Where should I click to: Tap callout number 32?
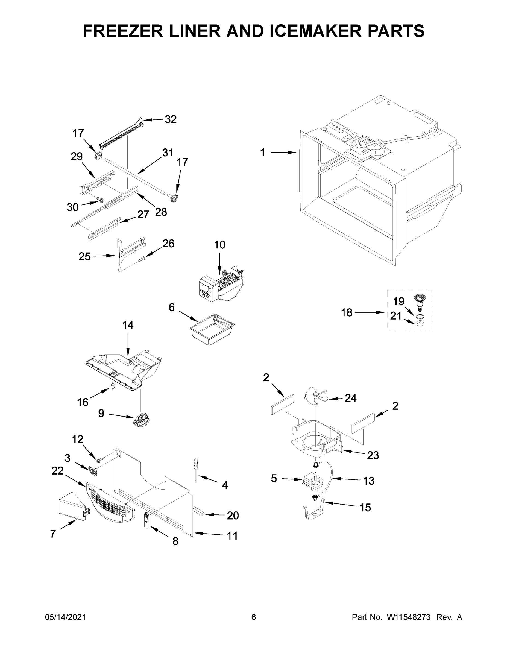170,119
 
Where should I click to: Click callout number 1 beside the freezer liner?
262,153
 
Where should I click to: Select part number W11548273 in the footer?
409,617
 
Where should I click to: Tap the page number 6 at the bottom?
254,617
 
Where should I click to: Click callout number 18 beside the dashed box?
346,312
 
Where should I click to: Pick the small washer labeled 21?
420,323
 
